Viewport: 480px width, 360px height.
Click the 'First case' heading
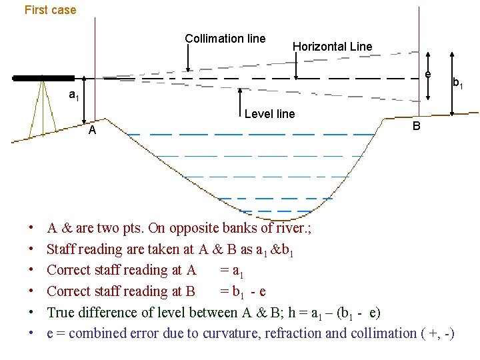pos(50,10)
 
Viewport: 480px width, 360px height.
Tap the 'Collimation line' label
pos(225,39)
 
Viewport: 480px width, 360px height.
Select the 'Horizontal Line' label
pos(332,46)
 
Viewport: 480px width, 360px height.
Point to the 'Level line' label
pos(269,114)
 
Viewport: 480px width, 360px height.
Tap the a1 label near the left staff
pos(75,95)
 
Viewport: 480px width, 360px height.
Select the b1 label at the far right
pos(458,83)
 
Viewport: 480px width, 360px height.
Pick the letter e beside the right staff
pos(427,73)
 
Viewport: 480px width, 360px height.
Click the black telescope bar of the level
pos(43,78)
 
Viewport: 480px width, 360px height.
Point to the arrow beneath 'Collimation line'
pos(189,59)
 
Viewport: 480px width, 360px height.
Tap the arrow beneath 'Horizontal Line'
pos(295,67)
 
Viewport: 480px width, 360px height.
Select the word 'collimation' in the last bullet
pos(375,333)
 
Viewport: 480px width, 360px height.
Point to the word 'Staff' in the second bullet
pos(61,249)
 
